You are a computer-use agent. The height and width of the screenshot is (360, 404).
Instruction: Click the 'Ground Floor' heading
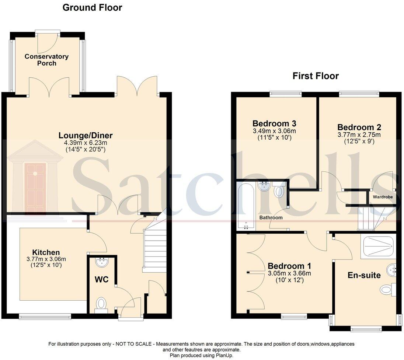click(x=92, y=7)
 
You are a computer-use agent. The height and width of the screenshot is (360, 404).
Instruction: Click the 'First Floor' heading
click(x=316, y=76)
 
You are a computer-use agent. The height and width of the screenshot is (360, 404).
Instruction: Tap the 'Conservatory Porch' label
click(x=46, y=60)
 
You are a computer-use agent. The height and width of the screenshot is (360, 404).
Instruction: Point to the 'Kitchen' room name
click(x=46, y=252)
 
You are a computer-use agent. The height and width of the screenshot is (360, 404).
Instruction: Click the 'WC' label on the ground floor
click(x=101, y=280)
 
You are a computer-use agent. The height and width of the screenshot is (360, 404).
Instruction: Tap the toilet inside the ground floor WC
click(x=101, y=304)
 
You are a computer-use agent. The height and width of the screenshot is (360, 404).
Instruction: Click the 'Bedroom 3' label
click(x=275, y=123)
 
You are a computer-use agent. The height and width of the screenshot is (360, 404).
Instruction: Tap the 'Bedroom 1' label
click(x=289, y=266)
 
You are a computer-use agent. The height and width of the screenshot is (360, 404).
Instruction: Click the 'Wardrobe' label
click(x=382, y=197)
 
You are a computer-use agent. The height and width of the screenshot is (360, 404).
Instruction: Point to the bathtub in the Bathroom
click(x=245, y=205)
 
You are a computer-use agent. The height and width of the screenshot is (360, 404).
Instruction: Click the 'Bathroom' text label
click(x=271, y=218)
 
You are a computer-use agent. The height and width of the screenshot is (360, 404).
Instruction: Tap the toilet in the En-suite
click(x=387, y=290)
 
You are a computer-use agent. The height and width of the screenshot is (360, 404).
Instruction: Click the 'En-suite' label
click(x=364, y=275)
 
